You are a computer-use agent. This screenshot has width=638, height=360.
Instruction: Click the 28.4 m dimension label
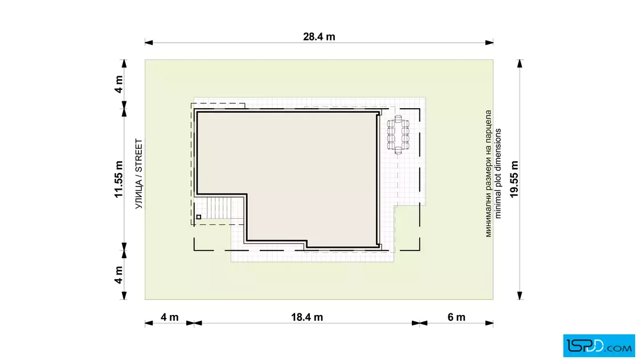[x=319, y=36]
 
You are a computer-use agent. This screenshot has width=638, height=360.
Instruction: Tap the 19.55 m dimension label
[x=514, y=179]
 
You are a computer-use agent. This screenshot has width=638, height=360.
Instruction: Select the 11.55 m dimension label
[x=118, y=179]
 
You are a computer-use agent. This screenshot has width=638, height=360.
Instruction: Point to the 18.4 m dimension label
[x=307, y=317]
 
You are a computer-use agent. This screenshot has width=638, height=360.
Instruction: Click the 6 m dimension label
[x=456, y=317]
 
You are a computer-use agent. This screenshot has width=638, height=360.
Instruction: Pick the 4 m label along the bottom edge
[x=169, y=317]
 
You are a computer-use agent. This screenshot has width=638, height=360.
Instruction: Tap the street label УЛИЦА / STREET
[x=139, y=174]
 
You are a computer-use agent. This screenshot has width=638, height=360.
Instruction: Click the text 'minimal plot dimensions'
[x=498, y=174]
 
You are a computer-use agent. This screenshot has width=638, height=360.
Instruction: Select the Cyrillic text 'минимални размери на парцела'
[x=488, y=174]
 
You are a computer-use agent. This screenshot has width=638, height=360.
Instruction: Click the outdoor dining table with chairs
[x=398, y=134]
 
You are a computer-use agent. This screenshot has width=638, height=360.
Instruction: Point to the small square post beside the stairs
[x=199, y=217]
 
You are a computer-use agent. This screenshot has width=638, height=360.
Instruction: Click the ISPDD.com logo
[x=599, y=346]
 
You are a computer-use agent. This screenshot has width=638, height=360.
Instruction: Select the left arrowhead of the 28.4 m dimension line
[x=149, y=42]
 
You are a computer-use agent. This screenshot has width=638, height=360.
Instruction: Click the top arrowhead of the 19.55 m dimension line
[x=520, y=64]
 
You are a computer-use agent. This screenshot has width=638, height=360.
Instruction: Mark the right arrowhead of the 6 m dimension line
[x=489, y=324]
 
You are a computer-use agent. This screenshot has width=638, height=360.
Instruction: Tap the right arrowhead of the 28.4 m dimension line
[x=489, y=42]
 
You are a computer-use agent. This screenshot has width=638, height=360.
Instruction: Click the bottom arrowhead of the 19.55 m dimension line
[x=520, y=295]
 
